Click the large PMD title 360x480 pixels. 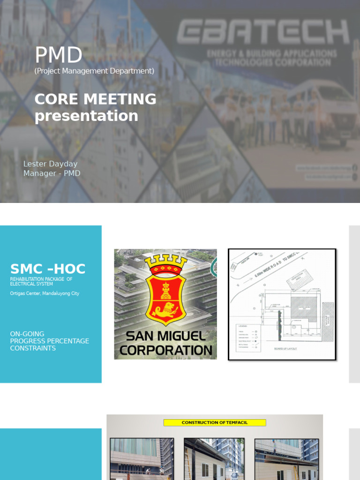point(59,55)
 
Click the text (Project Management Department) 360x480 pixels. point(94,71)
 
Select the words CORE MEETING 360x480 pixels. point(96,99)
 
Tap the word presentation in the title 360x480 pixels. point(86,115)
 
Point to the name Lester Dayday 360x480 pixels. point(50,164)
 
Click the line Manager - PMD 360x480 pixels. point(52,173)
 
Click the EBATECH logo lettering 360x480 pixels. point(263,32)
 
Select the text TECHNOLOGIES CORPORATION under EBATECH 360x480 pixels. point(271,62)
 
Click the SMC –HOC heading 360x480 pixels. point(48,269)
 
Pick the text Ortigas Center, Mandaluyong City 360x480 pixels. point(45,293)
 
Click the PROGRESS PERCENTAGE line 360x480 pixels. point(49,341)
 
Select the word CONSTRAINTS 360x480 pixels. point(33,348)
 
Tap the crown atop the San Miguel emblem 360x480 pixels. point(165,263)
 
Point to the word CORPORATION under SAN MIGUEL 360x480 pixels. point(165,350)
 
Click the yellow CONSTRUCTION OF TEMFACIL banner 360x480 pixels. point(215,422)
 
